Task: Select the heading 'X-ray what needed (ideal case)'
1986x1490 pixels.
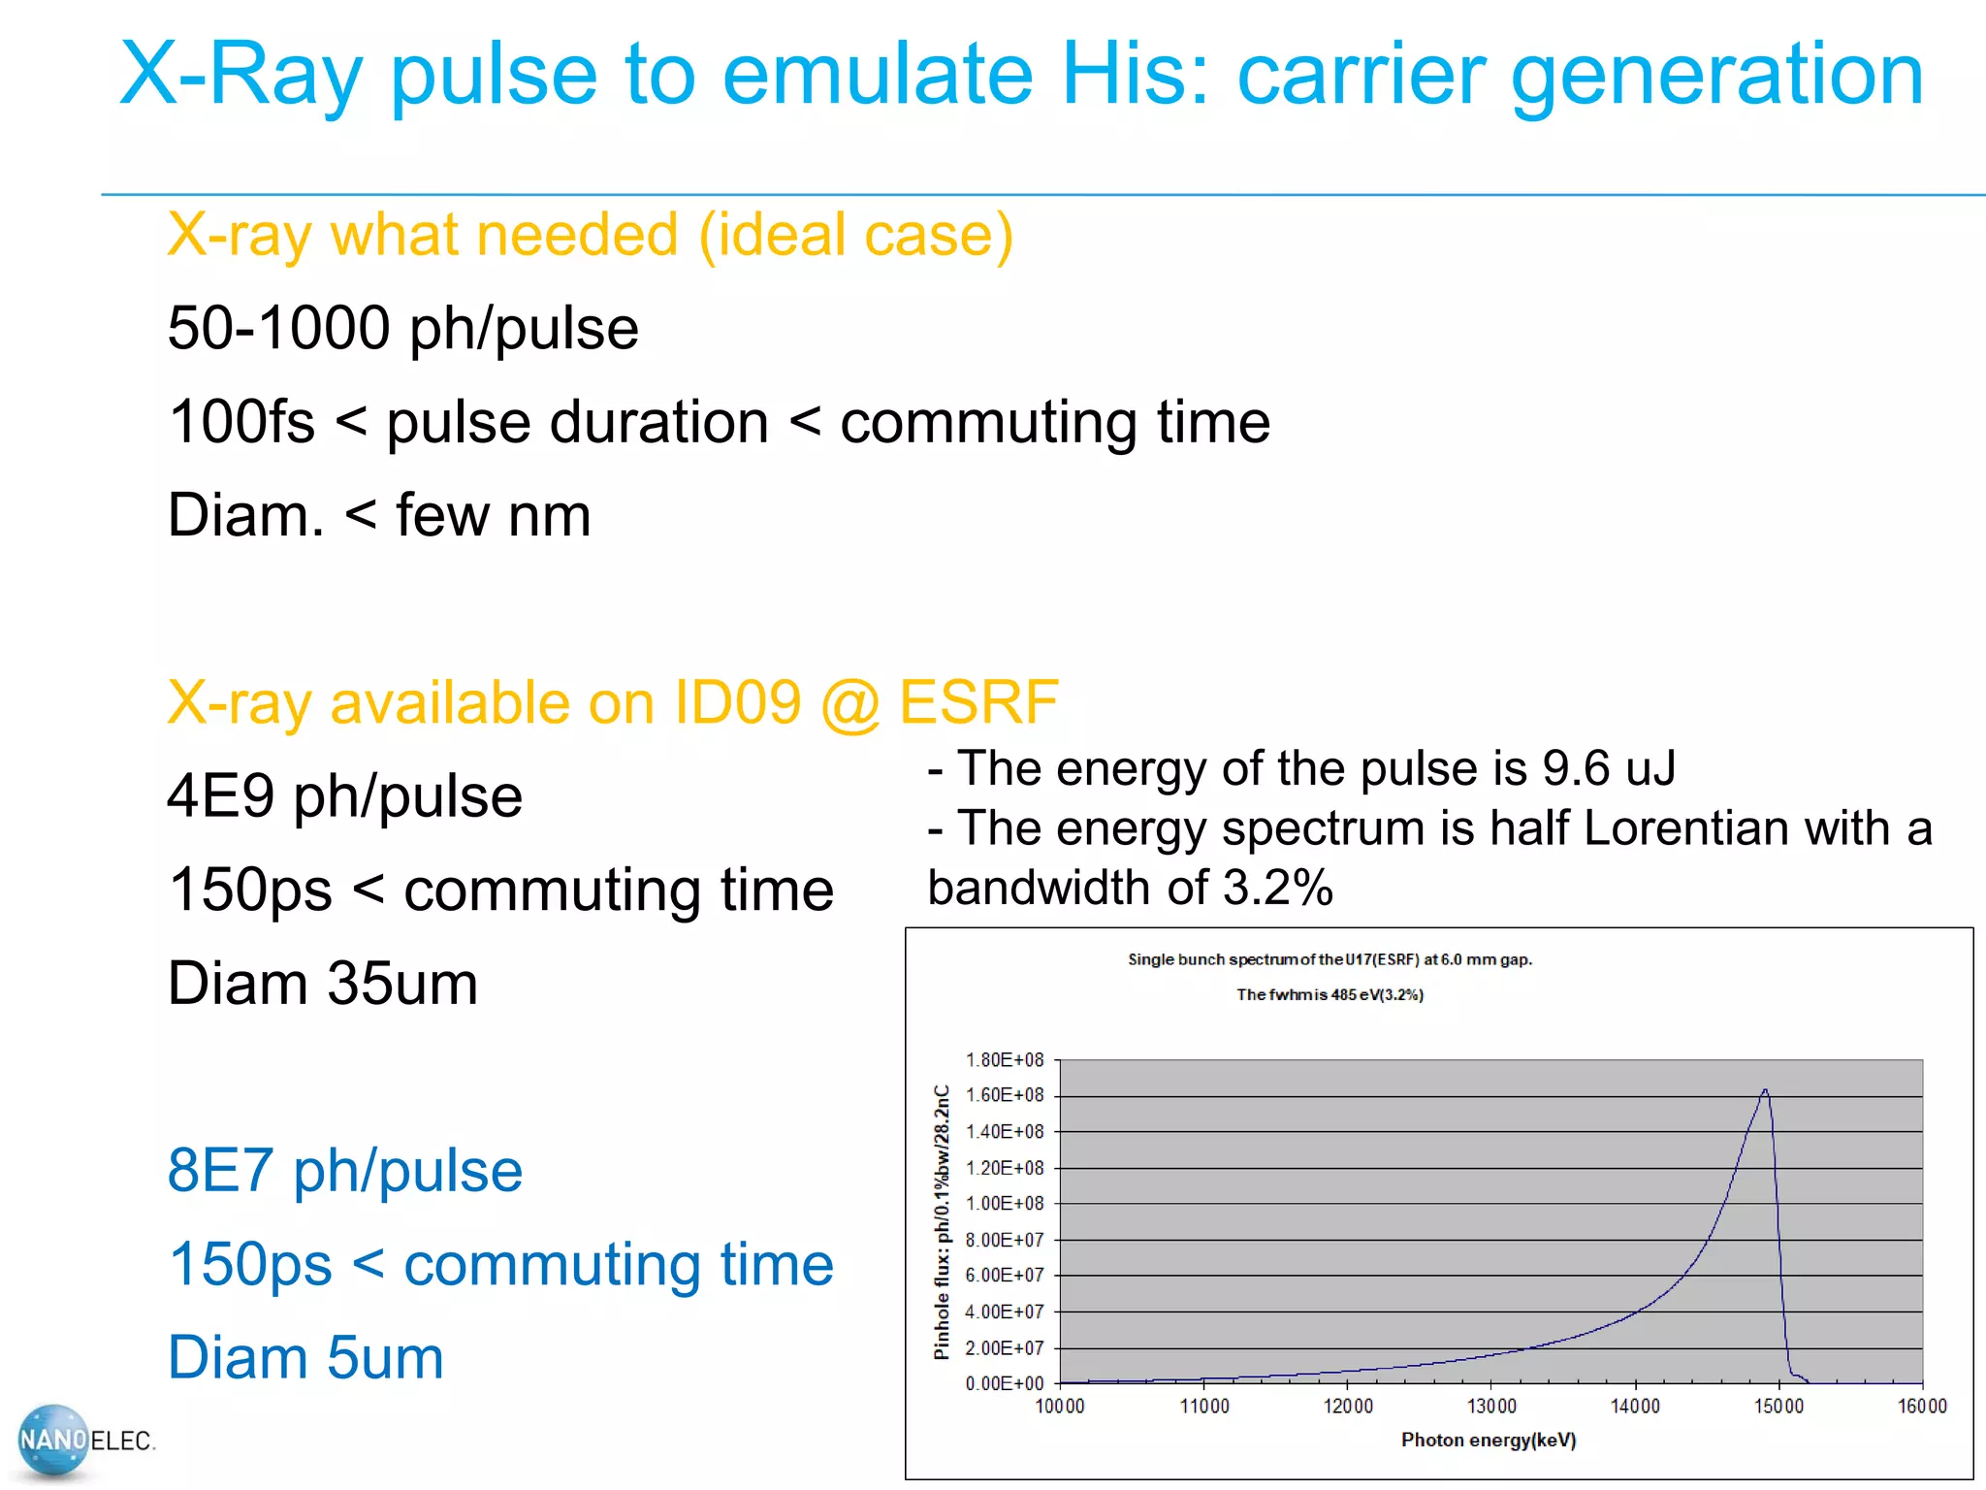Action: pyautogui.click(x=590, y=235)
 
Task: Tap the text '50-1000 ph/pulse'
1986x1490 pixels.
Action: pyautogui.click(x=402, y=328)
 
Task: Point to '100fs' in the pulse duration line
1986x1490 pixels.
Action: pyautogui.click(x=241, y=422)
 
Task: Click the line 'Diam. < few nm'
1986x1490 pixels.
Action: pyautogui.click(x=378, y=515)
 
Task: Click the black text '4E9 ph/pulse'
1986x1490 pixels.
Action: pyautogui.click(x=344, y=796)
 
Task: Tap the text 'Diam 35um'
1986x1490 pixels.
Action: pyautogui.click(x=322, y=984)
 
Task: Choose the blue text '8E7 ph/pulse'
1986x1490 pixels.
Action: pyautogui.click(x=344, y=1171)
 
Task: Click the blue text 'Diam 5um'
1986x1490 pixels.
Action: pyautogui.click(x=305, y=1357)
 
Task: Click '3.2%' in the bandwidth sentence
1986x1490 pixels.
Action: pyautogui.click(x=1277, y=888)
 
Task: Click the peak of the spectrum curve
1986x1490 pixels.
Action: pyautogui.click(x=1765, y=1090)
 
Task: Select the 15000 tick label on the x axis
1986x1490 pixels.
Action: pyautogui.click(x=1778, y=1407)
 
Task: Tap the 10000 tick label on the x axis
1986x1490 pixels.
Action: pyautogui.click(x=1059, y=1407)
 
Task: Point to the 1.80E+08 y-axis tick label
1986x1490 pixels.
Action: pyautogui.click(x=1005, y=1059)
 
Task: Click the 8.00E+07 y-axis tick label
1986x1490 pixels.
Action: pyautogui.click(x=1005, y=1240)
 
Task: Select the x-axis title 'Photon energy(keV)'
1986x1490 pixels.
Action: pyautogui.click(x=1489, y=1441)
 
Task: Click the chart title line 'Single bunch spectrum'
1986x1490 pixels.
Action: pyautogui.click(x=1329, y=959)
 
